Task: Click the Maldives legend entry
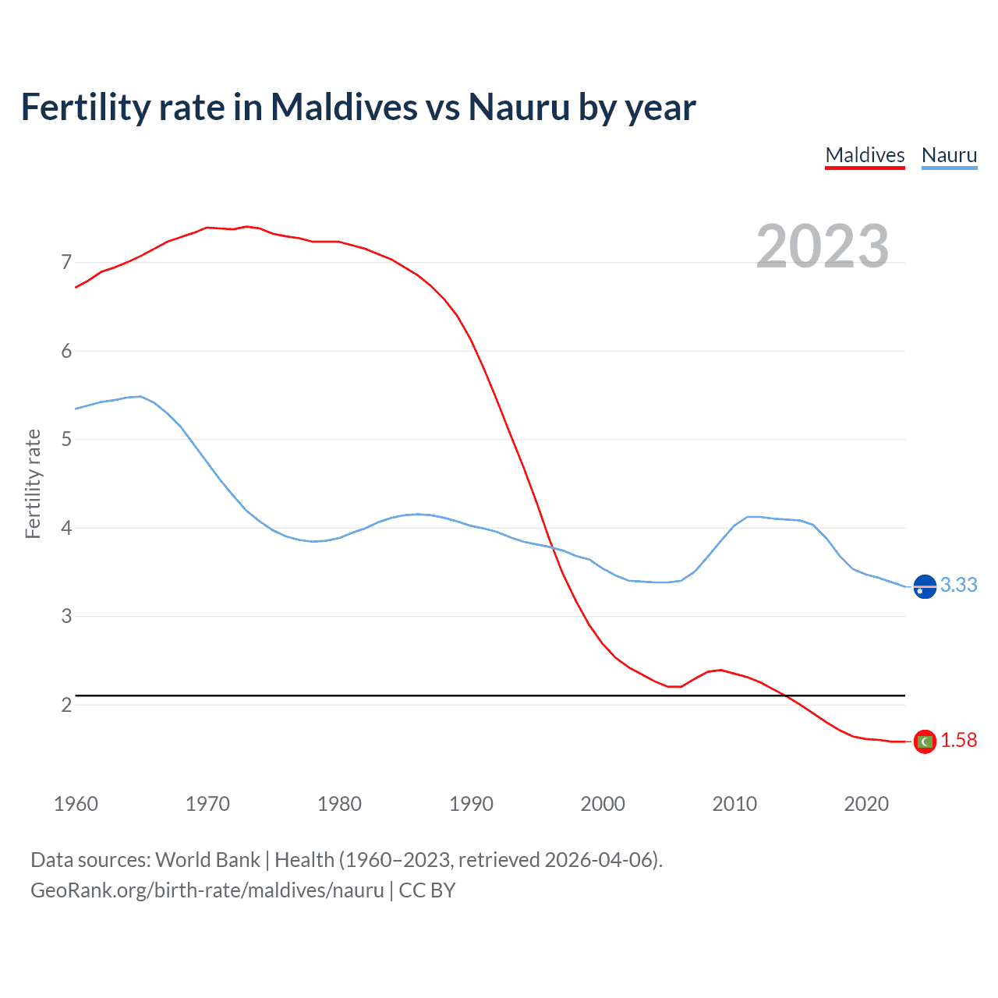point(865,155)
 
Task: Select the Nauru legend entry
point(949,155)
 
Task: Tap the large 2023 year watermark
point(823,246)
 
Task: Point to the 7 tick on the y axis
point(66,262)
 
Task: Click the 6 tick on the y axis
point(66,351)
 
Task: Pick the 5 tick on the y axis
point(66,439)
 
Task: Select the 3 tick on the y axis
point(66,616)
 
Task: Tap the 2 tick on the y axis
point(66,705)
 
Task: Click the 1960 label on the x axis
point(76,804)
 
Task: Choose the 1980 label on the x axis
point(339,804)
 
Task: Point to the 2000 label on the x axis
point(603,804)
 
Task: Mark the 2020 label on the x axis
point(866,804)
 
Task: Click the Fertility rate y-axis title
point(33,483)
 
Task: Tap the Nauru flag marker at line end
point(925,586)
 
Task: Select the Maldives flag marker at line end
point(925,741)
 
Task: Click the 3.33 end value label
point(958,585)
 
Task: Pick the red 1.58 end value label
point(958,740)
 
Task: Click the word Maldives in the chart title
point(344,107)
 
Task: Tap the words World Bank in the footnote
point(207,860)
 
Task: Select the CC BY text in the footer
point(427,890)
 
